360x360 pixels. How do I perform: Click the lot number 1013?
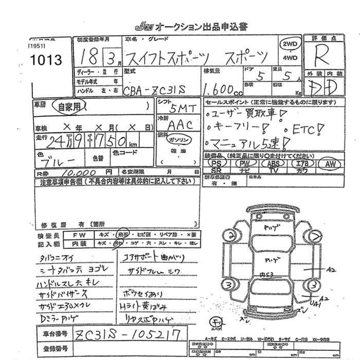(46, 61)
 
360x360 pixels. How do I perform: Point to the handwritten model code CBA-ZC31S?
(156, 89)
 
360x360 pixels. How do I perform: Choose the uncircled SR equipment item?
(217, 170)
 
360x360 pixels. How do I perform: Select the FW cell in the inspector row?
(83, 235)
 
